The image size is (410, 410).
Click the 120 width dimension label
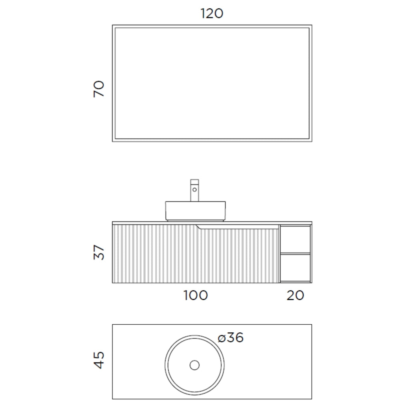[212, 14]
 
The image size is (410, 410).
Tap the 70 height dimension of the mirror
[99, 89]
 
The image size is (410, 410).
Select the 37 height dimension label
[99, 252]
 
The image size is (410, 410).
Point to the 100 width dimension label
[195, 295]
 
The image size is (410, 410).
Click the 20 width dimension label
[295, 295]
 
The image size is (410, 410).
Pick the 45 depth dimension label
[99, 360]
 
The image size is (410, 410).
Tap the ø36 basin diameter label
[231, 338]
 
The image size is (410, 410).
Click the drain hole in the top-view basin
[195, 365]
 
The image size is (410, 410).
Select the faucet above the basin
[195, 190]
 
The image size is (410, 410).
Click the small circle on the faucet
[195, 189]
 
